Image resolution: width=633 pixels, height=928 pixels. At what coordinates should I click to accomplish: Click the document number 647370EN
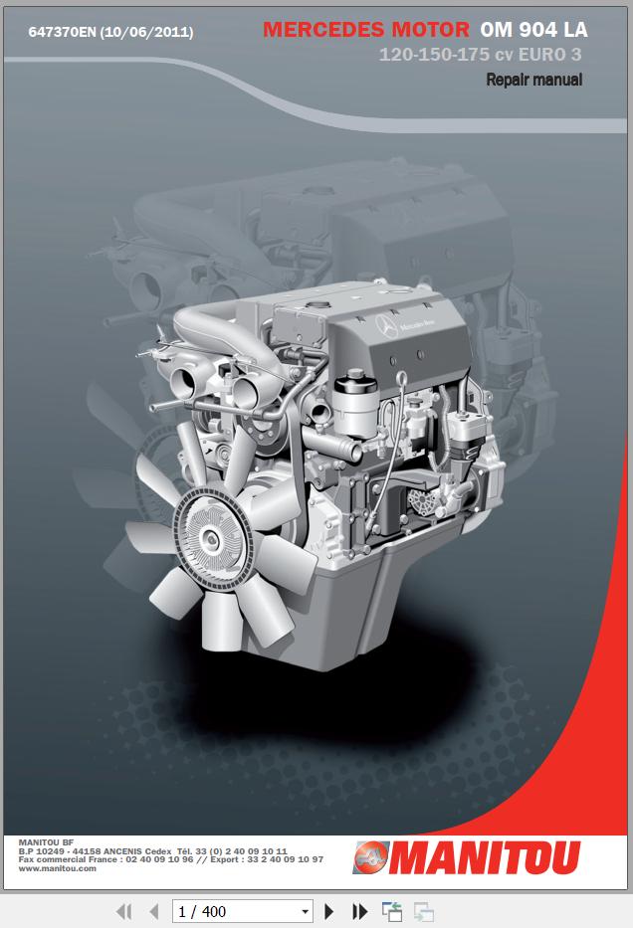[x=62, y=32]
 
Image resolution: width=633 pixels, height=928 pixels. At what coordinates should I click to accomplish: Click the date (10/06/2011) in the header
[x=147, y=32]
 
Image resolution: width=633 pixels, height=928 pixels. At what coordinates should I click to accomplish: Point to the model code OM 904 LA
[x=534, y=30]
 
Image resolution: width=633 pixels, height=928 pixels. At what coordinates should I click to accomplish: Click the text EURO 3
[x=550, y=55]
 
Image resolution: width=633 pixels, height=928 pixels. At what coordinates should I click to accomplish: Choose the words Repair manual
[x=534, y=80]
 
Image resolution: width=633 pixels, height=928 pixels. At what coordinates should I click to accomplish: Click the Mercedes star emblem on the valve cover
[x=386, y=326]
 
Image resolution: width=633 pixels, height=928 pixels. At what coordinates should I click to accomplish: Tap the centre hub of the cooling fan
[x=208, y=538]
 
